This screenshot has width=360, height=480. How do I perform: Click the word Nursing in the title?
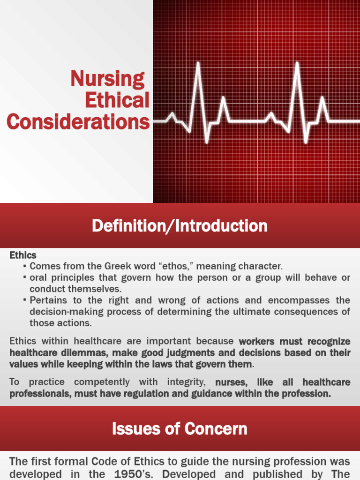[x=107, y=79]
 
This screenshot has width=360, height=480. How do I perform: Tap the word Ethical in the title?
[x=117, y=100]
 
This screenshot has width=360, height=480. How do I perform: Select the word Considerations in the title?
[x=78, y=122]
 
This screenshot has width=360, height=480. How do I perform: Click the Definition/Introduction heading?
[x=180, y=226]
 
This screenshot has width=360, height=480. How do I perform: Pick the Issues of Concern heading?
[x=180, y=428]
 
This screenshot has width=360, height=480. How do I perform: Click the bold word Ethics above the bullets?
[x=22, y=255]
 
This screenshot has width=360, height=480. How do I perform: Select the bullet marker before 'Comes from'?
[x=24, y=266]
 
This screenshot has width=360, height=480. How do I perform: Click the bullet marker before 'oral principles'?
[x=24, y=277]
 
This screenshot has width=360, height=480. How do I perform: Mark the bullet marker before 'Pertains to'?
[x=24, y=300]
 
